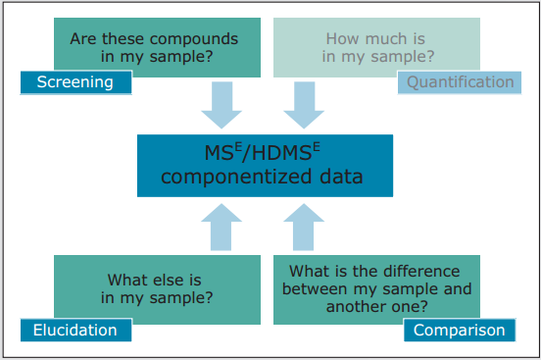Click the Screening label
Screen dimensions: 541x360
click(x=75, y=82)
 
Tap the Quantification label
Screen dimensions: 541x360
click(x=460, y=82)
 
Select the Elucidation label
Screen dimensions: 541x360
click(x=75, y=330)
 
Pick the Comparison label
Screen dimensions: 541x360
click(x=460, y=330)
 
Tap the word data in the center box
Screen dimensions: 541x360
click(x=341, y=177)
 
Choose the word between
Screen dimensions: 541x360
click(x=315, y=288)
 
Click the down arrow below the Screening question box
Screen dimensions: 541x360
click(x=221, y=105)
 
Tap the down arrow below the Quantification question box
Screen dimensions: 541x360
click(x=304, y=105)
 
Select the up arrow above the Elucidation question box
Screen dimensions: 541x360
click(x=221, y=227)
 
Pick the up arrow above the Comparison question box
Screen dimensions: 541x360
click(x=304, y=227)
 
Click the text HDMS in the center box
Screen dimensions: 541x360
click(x=282, y=153)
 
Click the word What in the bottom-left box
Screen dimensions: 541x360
click(x=123, y=280)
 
